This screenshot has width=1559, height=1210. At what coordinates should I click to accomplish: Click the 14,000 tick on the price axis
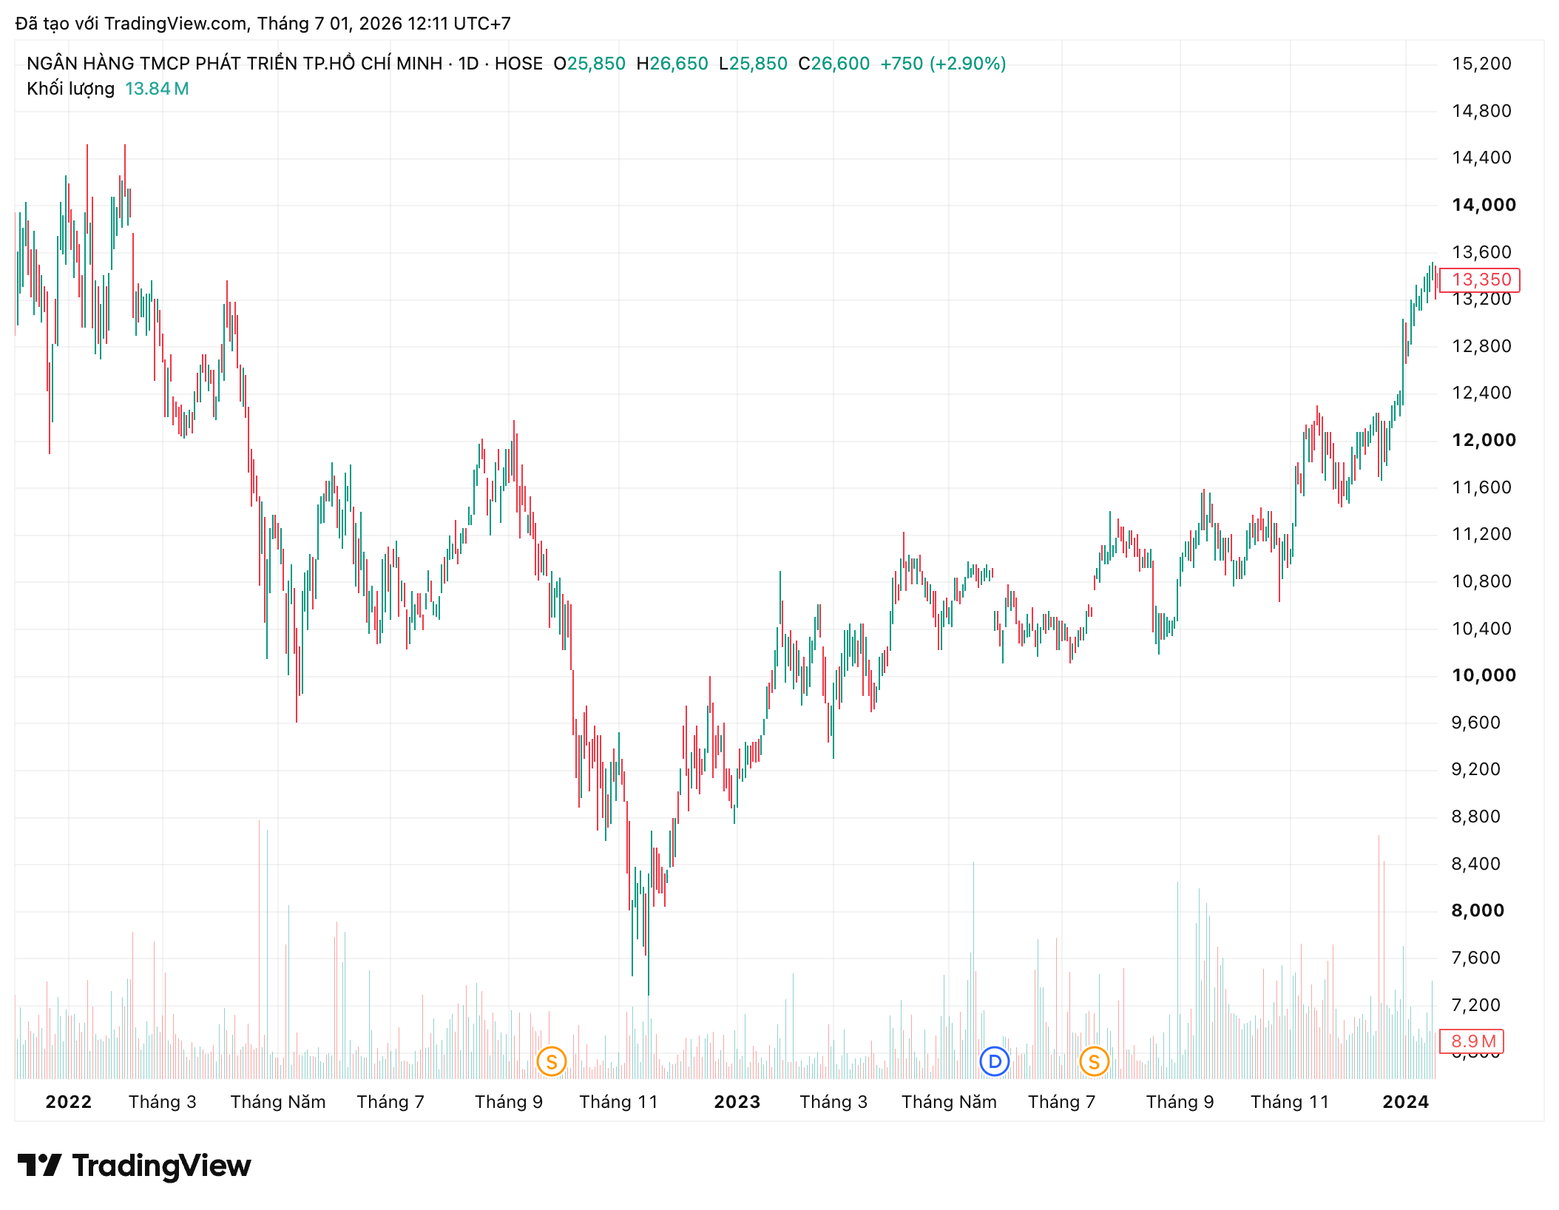[x=1483, y=205]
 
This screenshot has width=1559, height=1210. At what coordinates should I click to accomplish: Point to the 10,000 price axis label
[x=1483, y=675]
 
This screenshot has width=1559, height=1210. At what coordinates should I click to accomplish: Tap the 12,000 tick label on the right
[x=1483, y=440]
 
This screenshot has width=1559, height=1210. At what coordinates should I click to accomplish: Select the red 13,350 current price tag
[x=1480, y=280]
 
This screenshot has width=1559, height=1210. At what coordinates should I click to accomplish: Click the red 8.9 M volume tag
[x=1472, y=1041]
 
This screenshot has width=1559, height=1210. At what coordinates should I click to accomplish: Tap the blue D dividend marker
[x=995, y=1062]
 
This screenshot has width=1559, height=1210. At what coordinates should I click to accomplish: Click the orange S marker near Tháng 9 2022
[x=552, y=1062]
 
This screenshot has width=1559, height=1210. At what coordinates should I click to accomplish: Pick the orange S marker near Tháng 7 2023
[x=1095, y=1062]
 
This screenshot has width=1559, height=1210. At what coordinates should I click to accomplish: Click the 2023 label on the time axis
[x=737, y=1102]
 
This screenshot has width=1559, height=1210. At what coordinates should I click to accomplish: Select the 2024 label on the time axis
[x=1406, y=1102]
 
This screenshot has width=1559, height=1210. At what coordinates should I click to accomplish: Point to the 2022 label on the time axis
[x=69, y=1102]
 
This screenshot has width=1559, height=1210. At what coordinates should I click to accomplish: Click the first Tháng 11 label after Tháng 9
[x=618, y=1102]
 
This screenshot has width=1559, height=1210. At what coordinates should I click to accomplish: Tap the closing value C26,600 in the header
[x=834, y=64]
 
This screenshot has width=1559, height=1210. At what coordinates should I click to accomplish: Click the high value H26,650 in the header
[x=672, y=64]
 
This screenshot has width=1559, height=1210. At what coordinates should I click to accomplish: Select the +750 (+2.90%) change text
[x=943, y=64]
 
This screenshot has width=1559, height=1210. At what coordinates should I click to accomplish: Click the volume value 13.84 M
[x=157, y=89]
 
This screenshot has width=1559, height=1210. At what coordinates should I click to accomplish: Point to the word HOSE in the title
[x=518, y=64]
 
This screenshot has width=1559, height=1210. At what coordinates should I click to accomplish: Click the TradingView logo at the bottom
[x=135, y=1166]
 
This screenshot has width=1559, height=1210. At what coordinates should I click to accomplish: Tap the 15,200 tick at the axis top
[x=1481, y=64]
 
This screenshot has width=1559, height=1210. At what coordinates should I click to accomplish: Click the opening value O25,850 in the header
[x=589, y=64]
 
